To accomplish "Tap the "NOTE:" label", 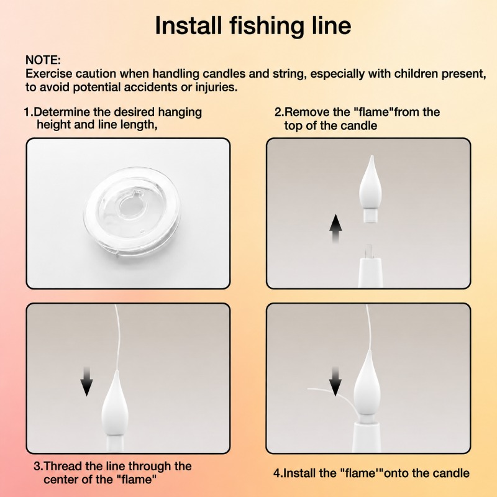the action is point(43,60).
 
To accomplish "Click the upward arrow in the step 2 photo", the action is point(335,228).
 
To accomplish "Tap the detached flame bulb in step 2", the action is point(370,189).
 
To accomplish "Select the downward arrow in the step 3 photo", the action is point(86,381).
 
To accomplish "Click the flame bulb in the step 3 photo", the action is point(115,409).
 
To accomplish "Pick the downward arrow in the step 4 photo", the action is point(335,381).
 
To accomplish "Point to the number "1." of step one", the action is point(29,112).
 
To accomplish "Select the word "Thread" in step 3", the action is point(63,467).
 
